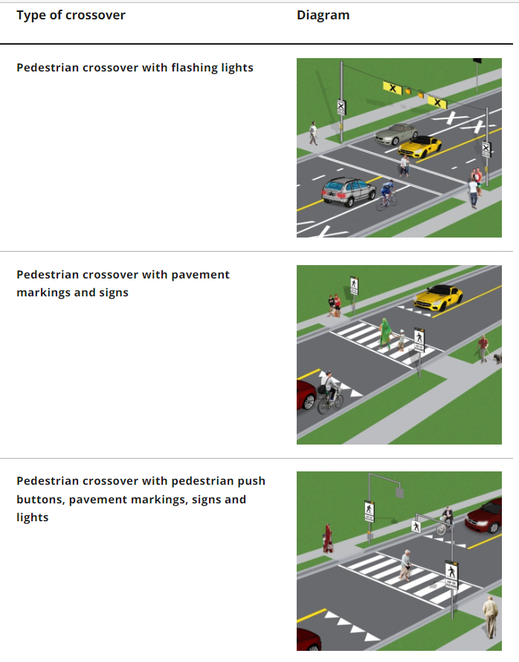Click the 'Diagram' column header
pyautogui.click(x=323, y=15)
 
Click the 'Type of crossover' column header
pyautogui.click(x=71, y=15)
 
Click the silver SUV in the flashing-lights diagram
pyautogui.click(x=349, y=190)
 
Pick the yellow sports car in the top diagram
pyautogui.click(x=419, y=145)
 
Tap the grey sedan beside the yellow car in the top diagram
pyautogui.click(x=395, y=134)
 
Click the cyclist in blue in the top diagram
pyautogui.click(x=385, y=196)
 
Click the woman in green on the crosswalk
pyautogui.click(x=385, y=334)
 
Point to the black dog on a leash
pyautogui.click(x=496, y=358)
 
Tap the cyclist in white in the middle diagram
pyautogui.click(x=329, y=392)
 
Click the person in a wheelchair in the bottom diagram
pyautogui.click(x=445, y=521)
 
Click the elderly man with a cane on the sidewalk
pyautogui.click(x=489, y=615)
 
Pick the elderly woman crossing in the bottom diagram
pyautogui.click(x=405, y=565)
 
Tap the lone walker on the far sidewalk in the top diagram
pyautogui.click(x=313, y=133)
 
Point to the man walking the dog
pyautogui.click(x=483, y=348)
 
